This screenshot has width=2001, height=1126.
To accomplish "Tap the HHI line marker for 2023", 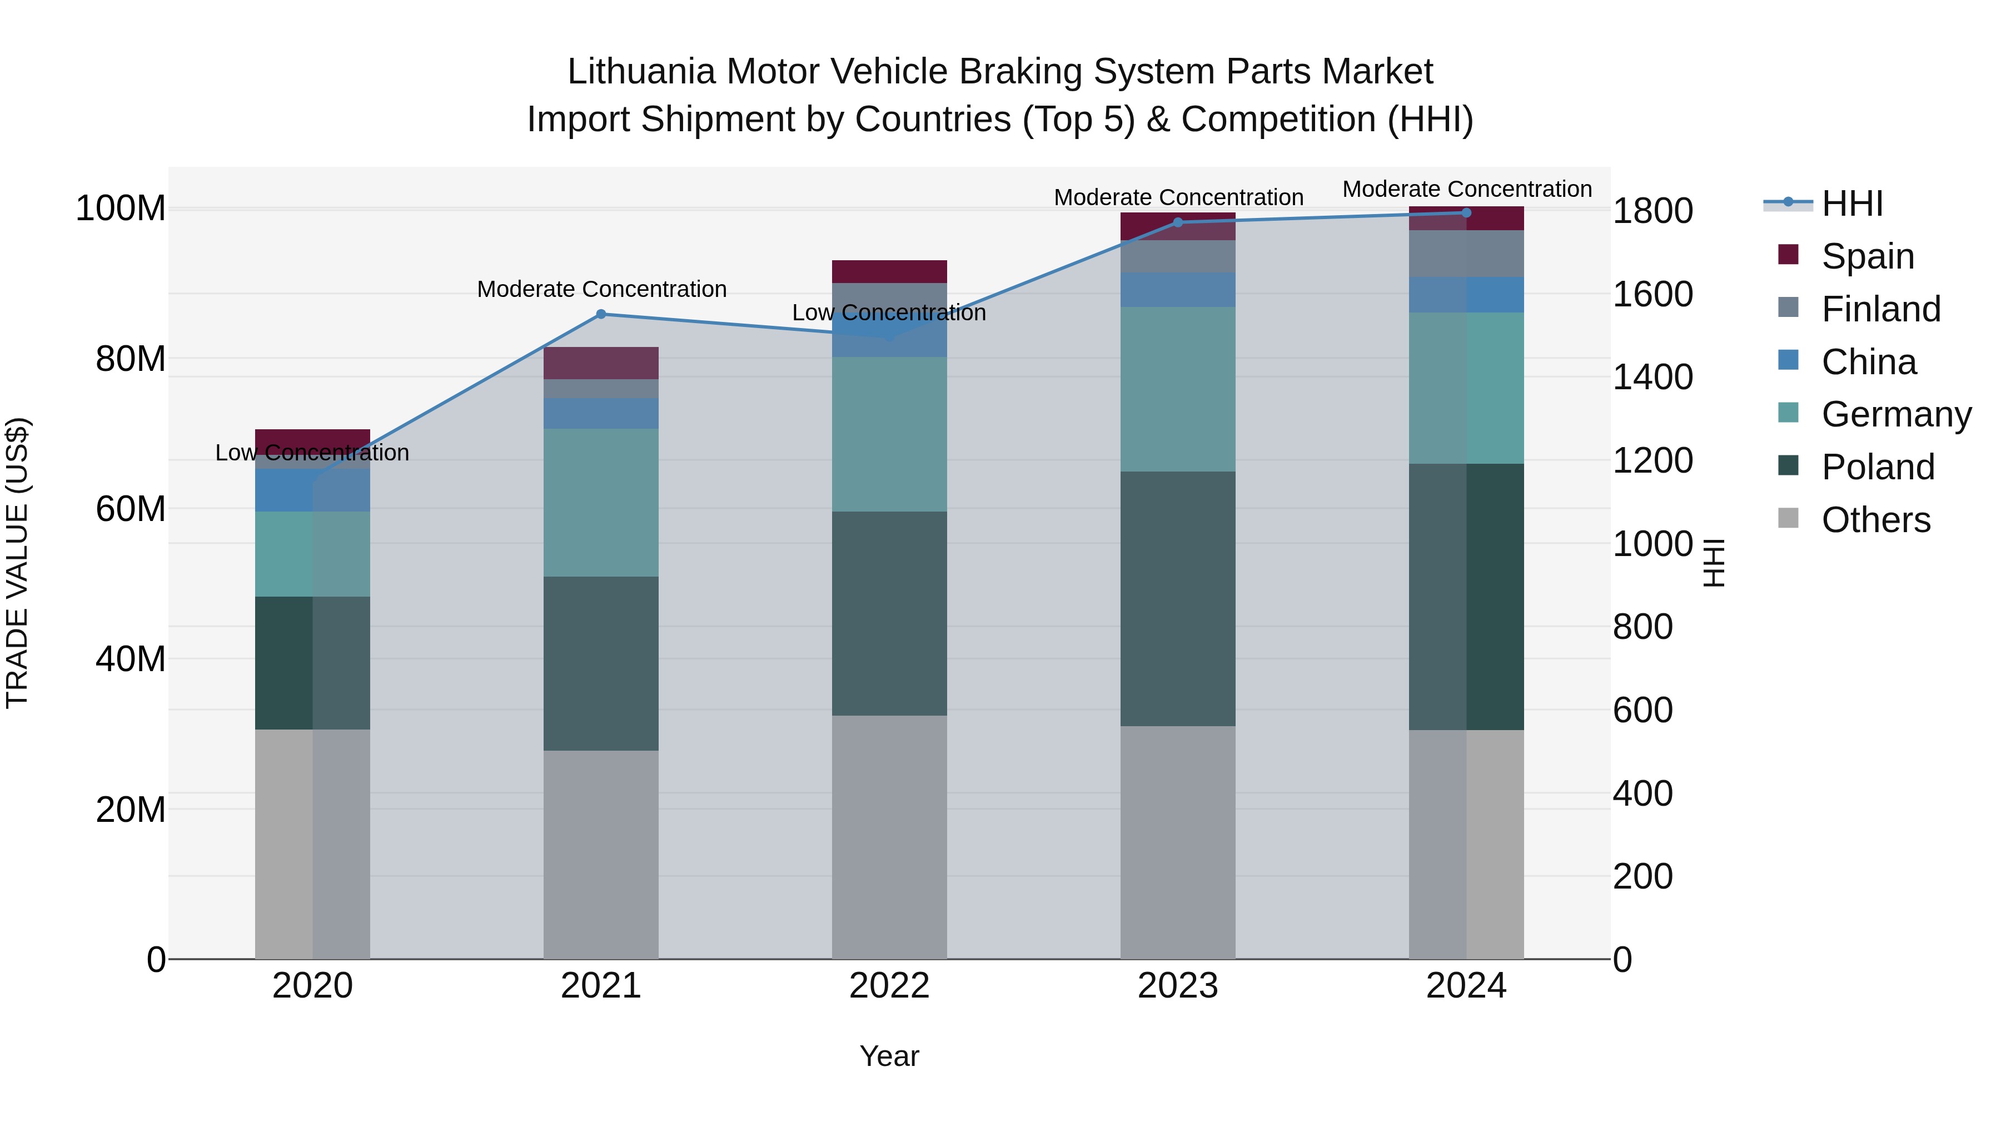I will click(x=1178, y=222).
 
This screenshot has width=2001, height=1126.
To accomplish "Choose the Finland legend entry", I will click(x=1880, y=309).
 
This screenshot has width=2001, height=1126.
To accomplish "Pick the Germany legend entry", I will click(x=1895, y=414).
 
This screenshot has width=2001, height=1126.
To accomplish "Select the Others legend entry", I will click(x=1875, y=520).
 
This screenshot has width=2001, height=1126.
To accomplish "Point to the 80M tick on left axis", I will click(x=131, y=359).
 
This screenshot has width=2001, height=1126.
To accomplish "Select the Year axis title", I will click(x=889, y=1056).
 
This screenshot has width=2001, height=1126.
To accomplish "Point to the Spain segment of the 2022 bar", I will click(x=889, y=271).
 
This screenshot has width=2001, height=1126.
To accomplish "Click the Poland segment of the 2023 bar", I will click(x=1178, y=598).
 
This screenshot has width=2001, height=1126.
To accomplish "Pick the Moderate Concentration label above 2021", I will click(x=601, y=289).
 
